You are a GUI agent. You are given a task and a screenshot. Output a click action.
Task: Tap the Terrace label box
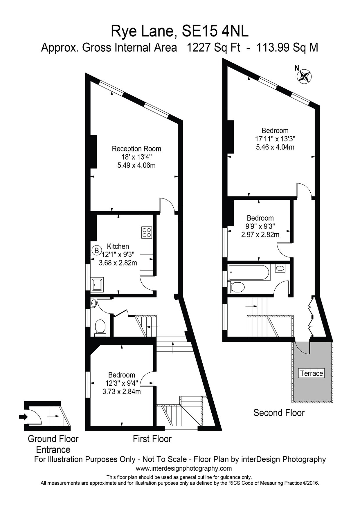[312, 373]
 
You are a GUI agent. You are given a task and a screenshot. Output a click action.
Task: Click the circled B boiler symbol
[97, 250]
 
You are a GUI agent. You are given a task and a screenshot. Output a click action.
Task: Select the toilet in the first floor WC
[100, 328]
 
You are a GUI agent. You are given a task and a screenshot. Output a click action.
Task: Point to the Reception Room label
[136, 149]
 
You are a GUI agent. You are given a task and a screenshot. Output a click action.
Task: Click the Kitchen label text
[118, 246]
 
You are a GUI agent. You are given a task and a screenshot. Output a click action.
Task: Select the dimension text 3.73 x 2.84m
[122, 391]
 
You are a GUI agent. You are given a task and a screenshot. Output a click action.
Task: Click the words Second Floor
[279, 413]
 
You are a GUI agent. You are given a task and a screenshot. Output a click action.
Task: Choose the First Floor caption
[152, 439]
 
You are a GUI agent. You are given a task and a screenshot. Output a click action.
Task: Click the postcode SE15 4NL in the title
[215, 31]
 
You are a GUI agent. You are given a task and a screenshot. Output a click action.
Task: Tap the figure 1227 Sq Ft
[213, 47]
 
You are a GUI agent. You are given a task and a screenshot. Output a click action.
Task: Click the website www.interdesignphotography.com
[184, 468]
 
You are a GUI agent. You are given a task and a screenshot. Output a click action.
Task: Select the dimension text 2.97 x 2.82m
[260, 234]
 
